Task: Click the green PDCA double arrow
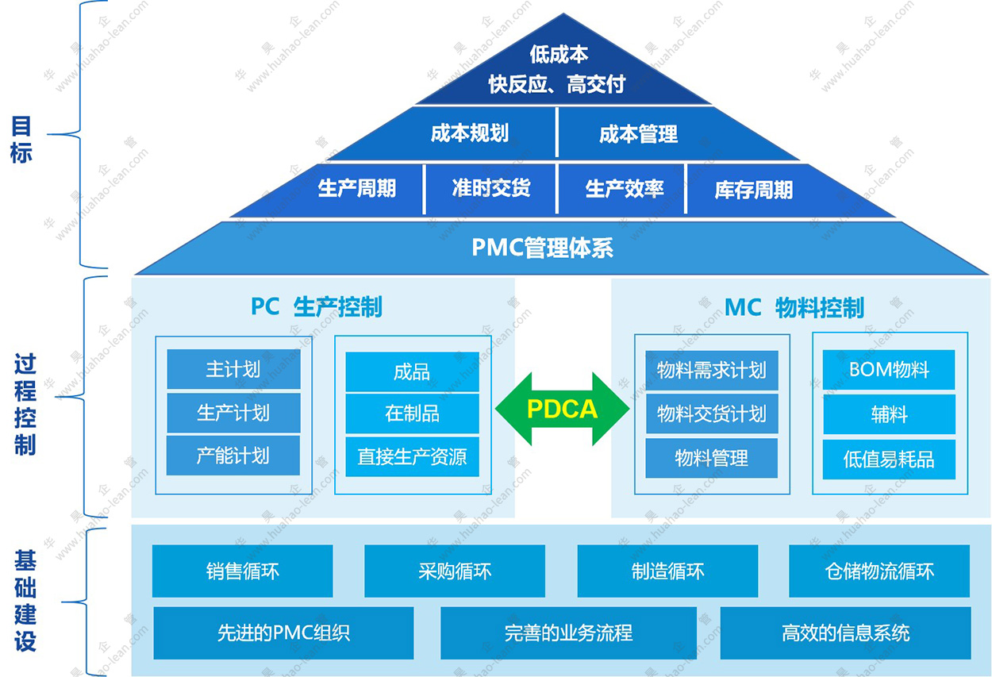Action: click(x=562, y=410)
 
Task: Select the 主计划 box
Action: click(x=233, y=370)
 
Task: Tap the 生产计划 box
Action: click(x=233, y=413)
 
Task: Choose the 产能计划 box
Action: click(x=233, y=456)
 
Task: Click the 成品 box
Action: click(x=412, y=371)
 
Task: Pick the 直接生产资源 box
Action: click(x=412, y=457)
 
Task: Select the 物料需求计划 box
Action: click(x=711, y=370)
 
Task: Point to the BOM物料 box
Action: click(x=888, y=370)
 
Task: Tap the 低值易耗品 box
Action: click(x=888, y=460)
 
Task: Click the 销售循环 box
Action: click(x=242, y=571)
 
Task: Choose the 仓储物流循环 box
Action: click(x=879, y=571)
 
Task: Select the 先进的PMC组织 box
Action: click(x=283, y=633)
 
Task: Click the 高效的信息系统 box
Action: click(x=845, y=633)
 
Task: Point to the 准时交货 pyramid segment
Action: click(x=491, y=189)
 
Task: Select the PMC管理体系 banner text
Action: click(x=542, y=248)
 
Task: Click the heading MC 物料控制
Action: click(x=794, y=308)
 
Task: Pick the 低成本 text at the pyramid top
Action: click(x=559, y=54)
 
